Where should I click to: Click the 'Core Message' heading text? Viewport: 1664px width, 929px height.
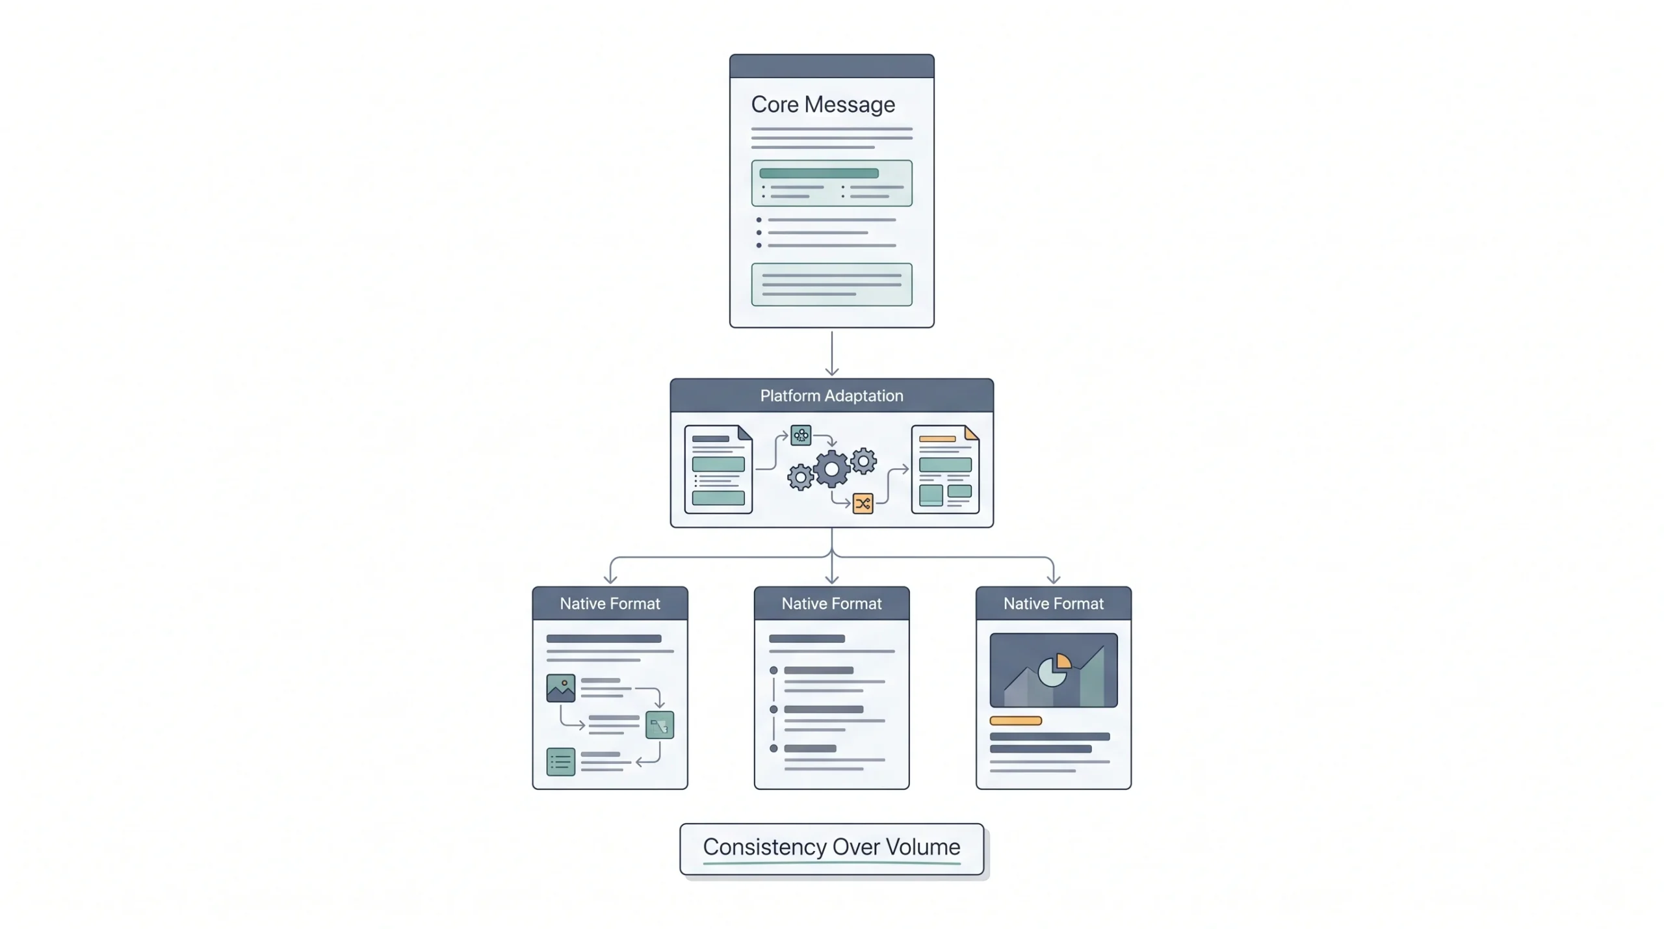(x=823, y=105)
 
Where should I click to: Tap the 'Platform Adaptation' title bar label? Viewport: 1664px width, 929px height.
(x=831, y=396)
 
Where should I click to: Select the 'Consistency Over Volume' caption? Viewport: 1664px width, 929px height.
(x=831, y=846)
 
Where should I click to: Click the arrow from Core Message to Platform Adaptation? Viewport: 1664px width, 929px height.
(x=831, y=354)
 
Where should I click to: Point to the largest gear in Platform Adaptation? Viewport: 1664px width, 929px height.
(x=831, y=469)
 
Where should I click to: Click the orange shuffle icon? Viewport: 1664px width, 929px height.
(x=863, y=503)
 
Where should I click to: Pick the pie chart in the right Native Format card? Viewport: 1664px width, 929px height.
(x=1054, y=670)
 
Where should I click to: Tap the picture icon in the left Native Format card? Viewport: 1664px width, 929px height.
(x=560, y=688)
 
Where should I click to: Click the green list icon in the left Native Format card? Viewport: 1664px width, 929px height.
(x=560, y=762)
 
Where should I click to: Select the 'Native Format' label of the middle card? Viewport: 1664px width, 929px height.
(x=831, y=603)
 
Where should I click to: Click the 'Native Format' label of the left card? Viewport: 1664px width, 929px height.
(x=610, y=603)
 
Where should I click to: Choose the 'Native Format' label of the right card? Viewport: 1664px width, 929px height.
(x=1053, y=603)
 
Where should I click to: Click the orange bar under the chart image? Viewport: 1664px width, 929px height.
(x=1015, y=720)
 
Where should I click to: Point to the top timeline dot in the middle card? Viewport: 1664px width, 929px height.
(x=773, y=670)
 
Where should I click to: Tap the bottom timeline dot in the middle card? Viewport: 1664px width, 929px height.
(x=773, y=748)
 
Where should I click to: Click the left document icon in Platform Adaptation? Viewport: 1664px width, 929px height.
(x=718, y=469)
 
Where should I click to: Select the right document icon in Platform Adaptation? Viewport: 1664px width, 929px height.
(x=945, y=469)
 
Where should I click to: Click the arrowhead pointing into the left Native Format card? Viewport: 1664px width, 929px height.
(x=610, y=579)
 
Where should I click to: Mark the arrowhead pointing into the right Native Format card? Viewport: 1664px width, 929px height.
(x=1053, y=579)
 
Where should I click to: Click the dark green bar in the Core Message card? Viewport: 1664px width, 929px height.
(x=819, y=174)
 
